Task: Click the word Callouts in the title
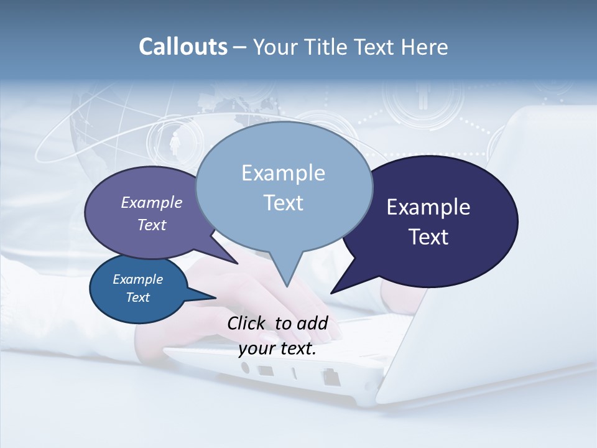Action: [183, 47]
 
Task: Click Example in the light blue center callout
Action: [283, 173]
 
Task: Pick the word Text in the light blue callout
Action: [283, 203]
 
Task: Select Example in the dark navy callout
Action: [428, 207]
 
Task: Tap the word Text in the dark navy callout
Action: [428, 237]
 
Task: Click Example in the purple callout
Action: [152, 203]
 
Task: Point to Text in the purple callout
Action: [152, 225]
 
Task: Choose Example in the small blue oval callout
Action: [138, 279]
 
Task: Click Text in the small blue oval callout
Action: [138, 297]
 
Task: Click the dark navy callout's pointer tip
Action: [331, 292]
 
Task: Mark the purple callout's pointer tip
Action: [237, 263]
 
